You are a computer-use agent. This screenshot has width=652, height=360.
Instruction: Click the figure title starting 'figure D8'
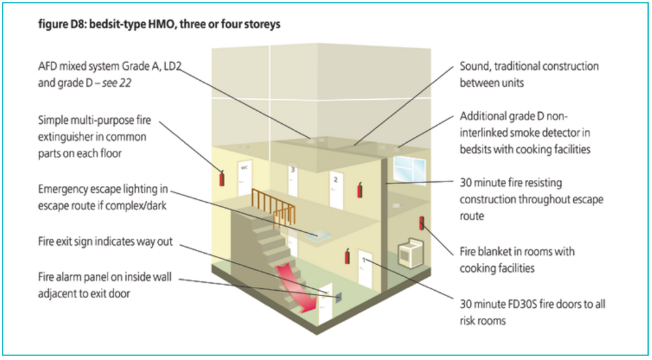pyautogui.click(x=159, y=24)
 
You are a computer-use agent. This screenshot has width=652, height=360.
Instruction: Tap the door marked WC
pyautogui.click(x=244, y=178)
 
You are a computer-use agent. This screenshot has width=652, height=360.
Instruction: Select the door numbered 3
pyautogui.click(x=293, y=181)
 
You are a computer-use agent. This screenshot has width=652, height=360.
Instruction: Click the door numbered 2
pyautogui.click(x=336, y=190)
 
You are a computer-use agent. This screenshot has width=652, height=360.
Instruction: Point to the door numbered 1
pyautogui.click(x=364, y=269)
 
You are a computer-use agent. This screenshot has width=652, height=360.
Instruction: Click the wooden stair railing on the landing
pyautogui.click(x=273, y=207)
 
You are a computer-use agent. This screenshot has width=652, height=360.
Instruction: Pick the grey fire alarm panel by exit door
pyautogui.click(x=338, y=296)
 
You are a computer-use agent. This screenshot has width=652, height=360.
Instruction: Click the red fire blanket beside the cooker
pyautogui.click(x=421, y=223)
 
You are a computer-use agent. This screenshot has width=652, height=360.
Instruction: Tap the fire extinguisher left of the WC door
pyautogui.click(x=222, y=178)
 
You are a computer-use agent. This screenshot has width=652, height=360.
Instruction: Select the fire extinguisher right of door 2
pyautogui.click(x=360, y=190)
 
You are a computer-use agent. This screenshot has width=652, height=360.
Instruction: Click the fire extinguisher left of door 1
pyautogui.click(x=347, y=256)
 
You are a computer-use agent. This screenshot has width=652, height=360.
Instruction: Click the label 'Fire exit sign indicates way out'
pyautogui.click(x=105, y=241)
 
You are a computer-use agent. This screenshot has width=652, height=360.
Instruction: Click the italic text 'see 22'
pyautogui.click(x=117, y=83)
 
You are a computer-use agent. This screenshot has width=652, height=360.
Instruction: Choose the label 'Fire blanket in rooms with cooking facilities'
pyautogui.click(x=517, y=260)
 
